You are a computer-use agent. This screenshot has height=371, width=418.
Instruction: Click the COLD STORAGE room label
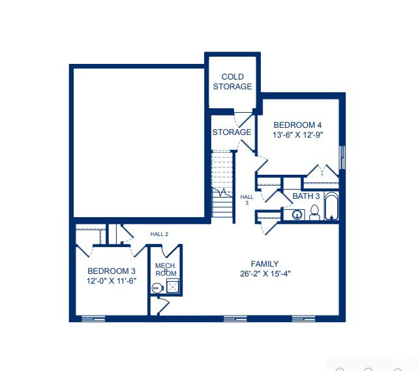point(232,82)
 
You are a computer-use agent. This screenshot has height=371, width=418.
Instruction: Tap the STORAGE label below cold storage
point(231,132)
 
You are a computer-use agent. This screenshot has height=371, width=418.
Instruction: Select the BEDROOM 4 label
point(297,125)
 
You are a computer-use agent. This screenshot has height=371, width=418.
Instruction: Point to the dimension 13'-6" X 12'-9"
point(297,134)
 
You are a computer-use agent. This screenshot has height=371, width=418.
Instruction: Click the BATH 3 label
point(306,196)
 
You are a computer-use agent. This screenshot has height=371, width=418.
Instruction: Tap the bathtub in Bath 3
point(331,206)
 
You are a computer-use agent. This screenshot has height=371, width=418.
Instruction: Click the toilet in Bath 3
point(314,213)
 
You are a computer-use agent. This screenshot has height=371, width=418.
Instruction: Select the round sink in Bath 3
point(297,215)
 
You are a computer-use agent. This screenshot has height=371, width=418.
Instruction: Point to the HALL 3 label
point(247,200)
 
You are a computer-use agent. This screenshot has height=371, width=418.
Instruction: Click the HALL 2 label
point(159,234)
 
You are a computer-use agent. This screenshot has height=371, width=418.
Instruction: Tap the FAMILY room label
point(265,264)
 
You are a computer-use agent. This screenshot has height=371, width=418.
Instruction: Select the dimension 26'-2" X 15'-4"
point(265,274)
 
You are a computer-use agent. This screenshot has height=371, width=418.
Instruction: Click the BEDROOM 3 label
point(112,271)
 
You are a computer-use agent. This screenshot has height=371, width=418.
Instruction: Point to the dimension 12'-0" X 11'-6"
point(112,280)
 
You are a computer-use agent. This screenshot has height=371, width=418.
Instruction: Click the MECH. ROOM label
point(166,269)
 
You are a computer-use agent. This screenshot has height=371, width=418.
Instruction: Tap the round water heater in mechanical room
point(157,288)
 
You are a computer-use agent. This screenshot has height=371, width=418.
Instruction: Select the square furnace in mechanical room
point(173,286)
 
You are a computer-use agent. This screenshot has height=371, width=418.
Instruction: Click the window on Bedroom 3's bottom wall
point(93,318)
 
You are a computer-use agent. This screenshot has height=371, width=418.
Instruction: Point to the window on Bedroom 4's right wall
point(342,157)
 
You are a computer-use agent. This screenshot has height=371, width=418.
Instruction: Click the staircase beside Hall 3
point(222,184)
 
